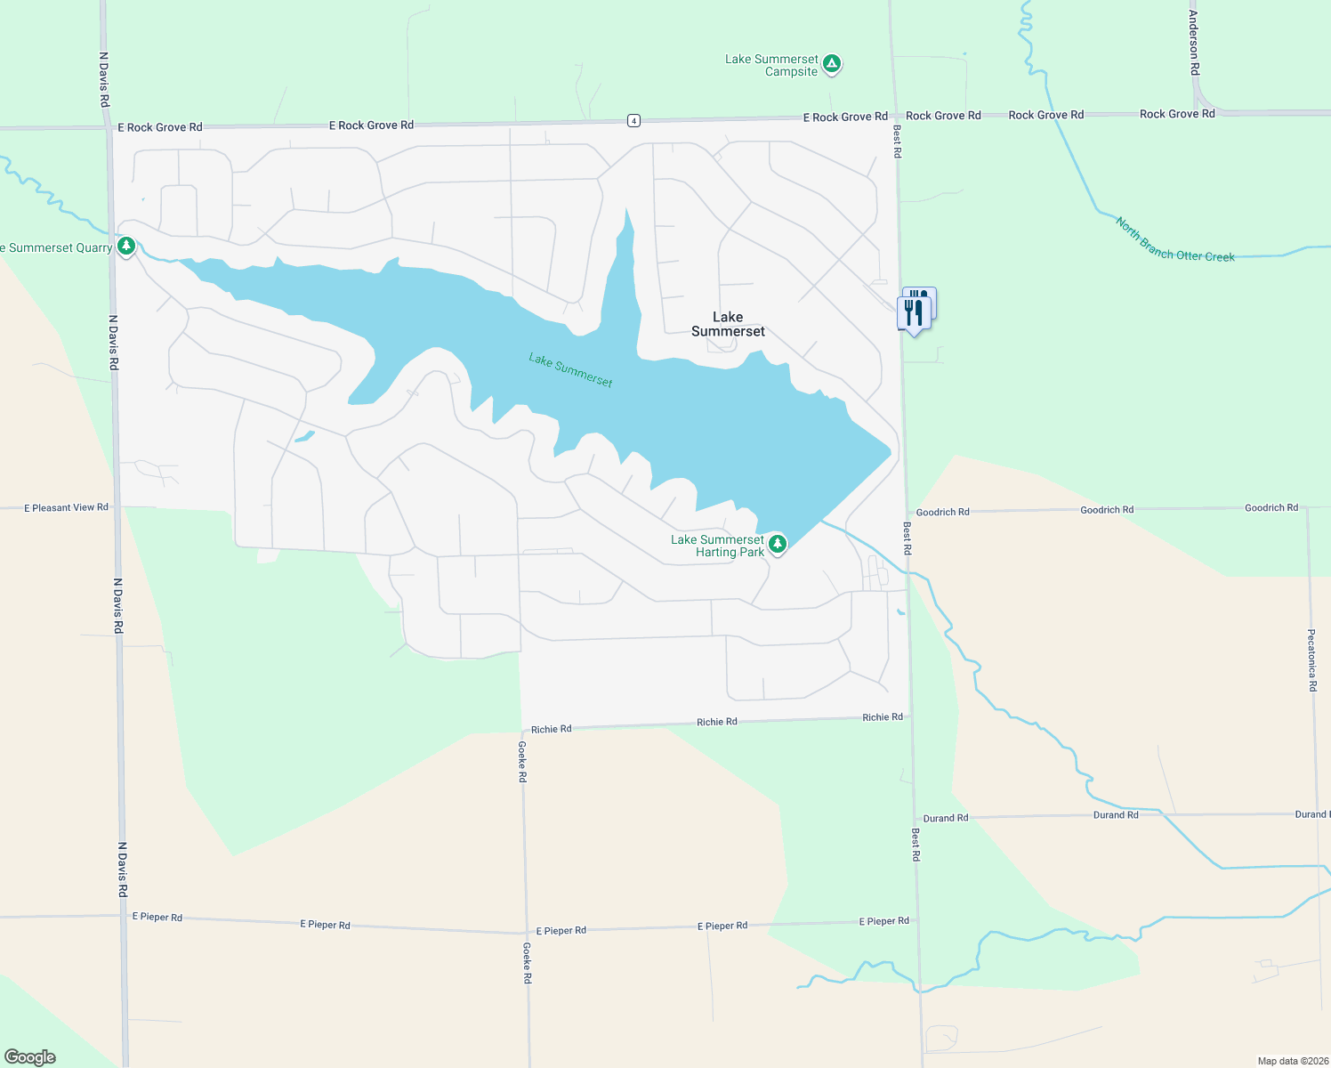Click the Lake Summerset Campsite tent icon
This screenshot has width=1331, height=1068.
click(832, 63)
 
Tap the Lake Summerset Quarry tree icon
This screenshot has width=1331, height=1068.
click(126, 246)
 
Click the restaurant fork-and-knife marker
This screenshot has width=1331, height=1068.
click(914, 312)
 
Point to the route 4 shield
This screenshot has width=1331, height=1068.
click(633, 120)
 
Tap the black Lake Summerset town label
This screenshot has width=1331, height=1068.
click(728, 324)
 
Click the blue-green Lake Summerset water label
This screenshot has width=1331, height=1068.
click(570, 370)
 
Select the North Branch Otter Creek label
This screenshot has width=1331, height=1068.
click(1174, 240)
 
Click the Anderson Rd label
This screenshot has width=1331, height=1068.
click(1194, 36)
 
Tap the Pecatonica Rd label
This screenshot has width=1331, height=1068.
click(1311, 659)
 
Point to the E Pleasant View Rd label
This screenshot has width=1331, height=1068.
click(66, 507)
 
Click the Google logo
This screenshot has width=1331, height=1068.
click(30, 1056)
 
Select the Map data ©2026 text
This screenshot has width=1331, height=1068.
click(1291, 1061)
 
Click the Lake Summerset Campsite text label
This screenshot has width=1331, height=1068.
click(771, 66)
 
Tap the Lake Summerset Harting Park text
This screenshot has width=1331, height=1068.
click(717, 546)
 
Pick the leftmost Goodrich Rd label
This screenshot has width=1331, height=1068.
click(942, 512)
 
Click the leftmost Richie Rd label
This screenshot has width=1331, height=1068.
click(551, 729)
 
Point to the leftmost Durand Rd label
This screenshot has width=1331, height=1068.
click(945, 818)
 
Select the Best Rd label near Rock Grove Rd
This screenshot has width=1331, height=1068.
click(897, 142)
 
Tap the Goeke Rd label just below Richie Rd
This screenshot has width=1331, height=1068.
click(522, 761)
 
